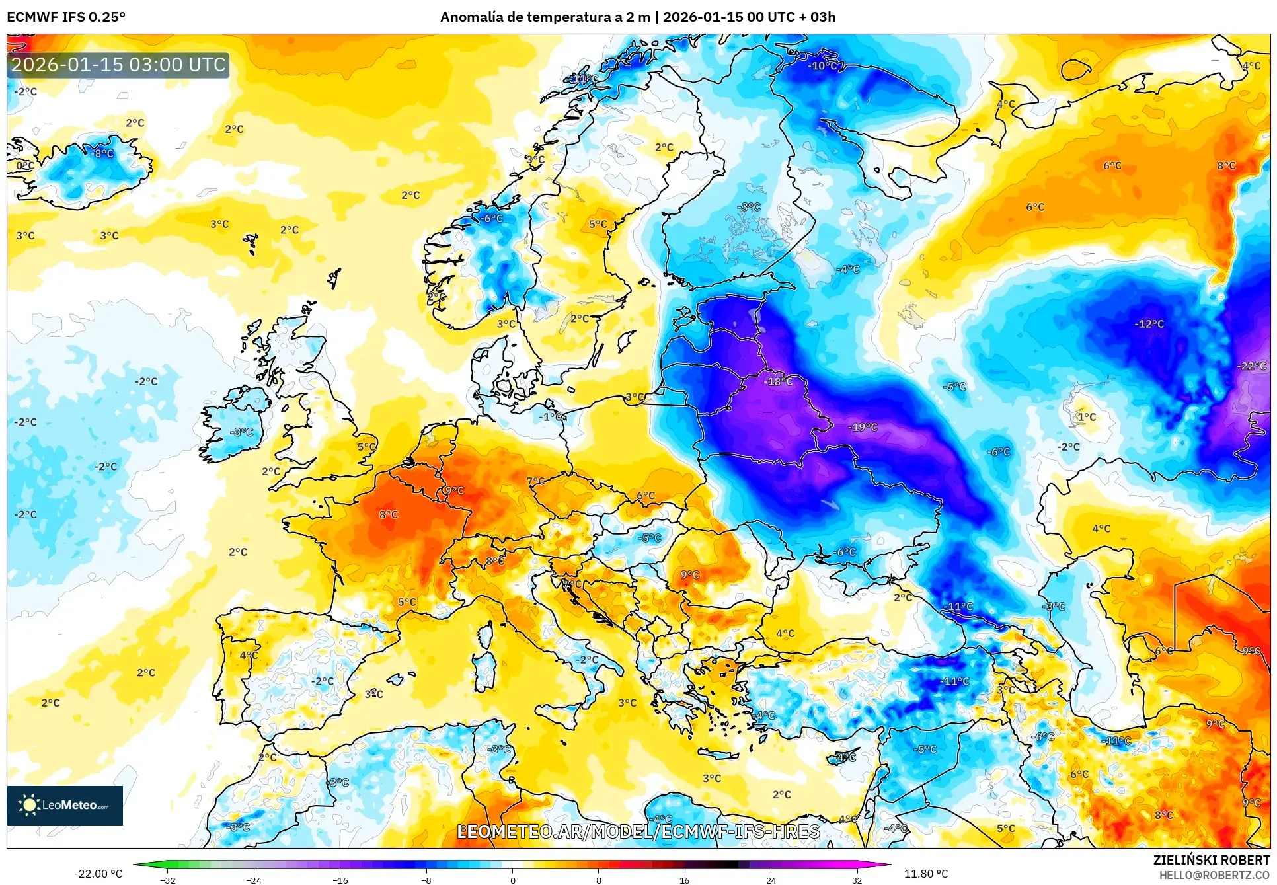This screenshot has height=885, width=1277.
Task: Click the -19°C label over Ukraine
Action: pos(863,428)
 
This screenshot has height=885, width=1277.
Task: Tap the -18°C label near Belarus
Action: pos(778,381)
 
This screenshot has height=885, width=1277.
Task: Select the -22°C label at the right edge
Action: pos(1251,366)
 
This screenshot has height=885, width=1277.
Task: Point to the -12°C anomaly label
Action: pos(1149,324)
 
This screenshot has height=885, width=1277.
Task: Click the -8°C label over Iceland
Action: pos(102,153)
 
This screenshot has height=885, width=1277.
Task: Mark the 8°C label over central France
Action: pos(389,514)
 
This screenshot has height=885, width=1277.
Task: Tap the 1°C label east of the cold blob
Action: pos(1086,417)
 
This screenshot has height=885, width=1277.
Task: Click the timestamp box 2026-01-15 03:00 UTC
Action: pos(118,65)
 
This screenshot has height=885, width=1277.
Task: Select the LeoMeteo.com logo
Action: pos(65,805)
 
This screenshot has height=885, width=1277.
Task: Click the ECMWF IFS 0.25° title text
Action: pos(66,17)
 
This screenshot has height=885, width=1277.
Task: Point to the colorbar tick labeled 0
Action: pos(512,880)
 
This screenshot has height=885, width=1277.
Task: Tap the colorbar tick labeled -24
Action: pos(254,880)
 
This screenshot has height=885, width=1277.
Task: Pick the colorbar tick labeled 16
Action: pos(684,880)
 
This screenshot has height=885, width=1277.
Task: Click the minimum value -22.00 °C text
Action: pos(98,874)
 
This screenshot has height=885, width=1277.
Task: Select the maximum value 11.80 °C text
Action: pos(925,874)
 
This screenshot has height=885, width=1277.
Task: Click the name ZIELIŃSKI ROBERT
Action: pos(1211,860)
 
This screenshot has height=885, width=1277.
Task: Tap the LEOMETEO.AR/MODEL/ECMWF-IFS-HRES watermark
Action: pos(638,831)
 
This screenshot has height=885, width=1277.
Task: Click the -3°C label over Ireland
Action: pos(241,432)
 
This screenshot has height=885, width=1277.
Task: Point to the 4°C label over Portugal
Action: pos(249,655)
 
